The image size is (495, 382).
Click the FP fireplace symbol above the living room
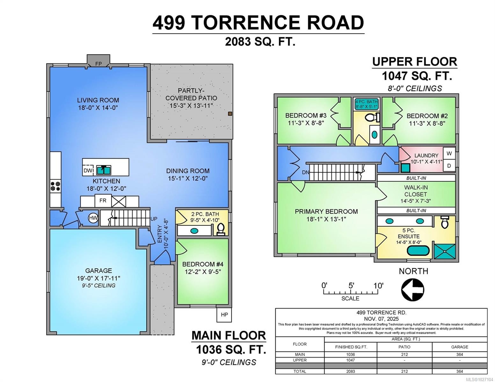tap(98, 63)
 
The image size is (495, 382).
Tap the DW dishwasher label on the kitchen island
tap(88, 171)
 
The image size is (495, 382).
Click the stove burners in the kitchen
tap(55, 186)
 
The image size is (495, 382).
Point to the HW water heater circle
tap(93, 218)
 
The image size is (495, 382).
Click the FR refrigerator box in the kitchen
tap(103, 201)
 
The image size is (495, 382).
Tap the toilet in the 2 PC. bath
tap(221, 229)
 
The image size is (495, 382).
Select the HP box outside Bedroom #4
tap(224, 315)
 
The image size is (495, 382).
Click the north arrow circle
tap(412, 290)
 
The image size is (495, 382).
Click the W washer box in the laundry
tap(449, 153)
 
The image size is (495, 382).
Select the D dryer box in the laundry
tap(449, 166)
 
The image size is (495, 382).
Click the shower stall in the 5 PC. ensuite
tap(444, 251)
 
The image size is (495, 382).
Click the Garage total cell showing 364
tap(459, 371)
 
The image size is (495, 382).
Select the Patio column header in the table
tap(404, 347)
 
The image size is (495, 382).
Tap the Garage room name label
tap(98, 271)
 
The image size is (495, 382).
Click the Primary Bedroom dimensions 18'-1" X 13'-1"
tap(326, 219)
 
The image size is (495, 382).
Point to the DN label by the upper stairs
tap(305, 172)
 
